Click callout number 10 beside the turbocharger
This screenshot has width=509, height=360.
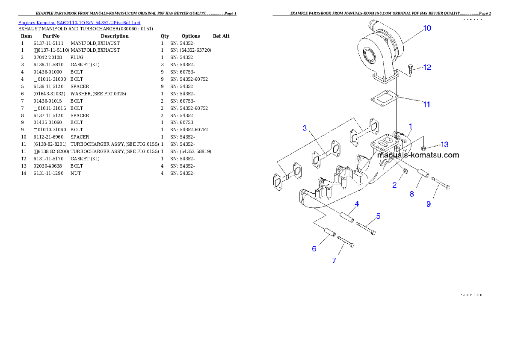(x=427, y=28)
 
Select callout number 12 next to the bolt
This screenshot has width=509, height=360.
(x=427, y=68)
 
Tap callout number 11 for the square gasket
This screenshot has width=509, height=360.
(x=426, y=104)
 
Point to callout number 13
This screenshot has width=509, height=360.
(x=444, y=145)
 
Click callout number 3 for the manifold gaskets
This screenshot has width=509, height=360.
(x=305, y=128)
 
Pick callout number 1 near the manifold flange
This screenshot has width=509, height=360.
(x=410, y=126)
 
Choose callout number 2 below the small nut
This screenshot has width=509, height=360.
(x=394, y=185)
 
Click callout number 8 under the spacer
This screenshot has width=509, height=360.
(x=411, y=194)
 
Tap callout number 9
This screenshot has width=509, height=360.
(x=429, y=204)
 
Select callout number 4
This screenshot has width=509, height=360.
(x=356, y=204)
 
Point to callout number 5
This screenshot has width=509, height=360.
(x=378, y=216)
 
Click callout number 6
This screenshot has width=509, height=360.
(x=314, y=248)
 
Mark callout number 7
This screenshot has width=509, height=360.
(x=334, y=260)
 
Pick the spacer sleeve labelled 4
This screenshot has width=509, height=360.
(x=347, y=215)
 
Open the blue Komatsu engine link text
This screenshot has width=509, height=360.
(x=79, y=22)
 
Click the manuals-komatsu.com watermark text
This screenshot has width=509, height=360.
(x=418, y=155)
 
